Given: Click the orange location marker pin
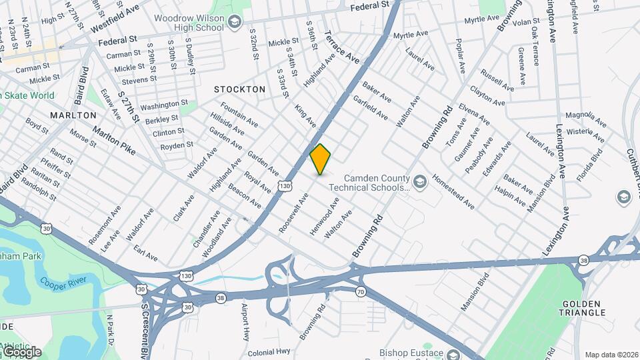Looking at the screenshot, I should pos(321,159).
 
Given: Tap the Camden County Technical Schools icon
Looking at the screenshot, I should pos(419,181).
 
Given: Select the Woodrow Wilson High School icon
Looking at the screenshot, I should pos(234,23).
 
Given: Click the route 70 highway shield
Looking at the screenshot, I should pos(361,291).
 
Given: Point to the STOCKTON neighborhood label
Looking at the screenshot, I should pos(239,89).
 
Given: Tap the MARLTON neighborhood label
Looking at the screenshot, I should pos(73,115).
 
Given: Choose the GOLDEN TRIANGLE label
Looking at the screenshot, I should pos(583,307).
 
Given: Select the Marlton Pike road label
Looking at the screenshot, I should pos(114,141).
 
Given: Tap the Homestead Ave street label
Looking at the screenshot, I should pos(453,193).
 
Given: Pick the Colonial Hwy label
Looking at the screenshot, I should pos(269,351).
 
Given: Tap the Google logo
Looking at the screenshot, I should pos(21,351).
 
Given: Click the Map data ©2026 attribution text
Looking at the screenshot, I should pos(611,355).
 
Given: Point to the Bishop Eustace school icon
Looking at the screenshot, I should pos(454,354).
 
